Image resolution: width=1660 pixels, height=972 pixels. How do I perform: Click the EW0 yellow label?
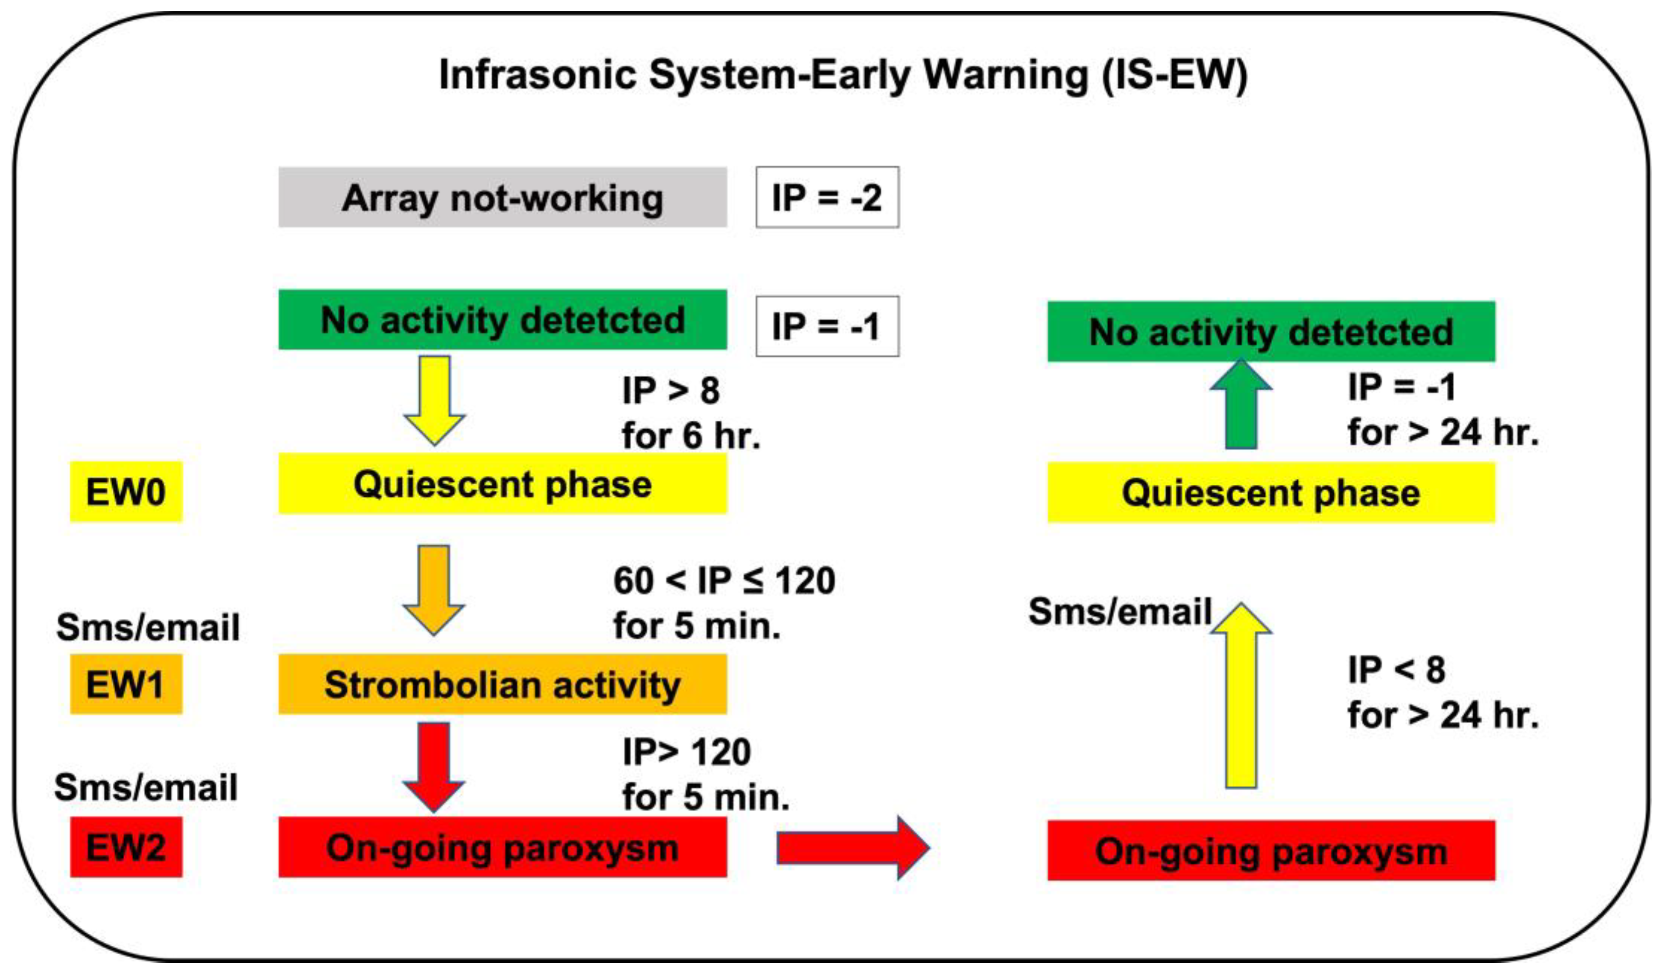pos(126,491)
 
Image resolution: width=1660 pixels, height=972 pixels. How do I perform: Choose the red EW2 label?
pos(126,847)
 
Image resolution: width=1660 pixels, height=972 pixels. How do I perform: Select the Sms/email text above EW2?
pos(146,787)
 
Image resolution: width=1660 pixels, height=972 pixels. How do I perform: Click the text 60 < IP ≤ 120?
pos(724,581)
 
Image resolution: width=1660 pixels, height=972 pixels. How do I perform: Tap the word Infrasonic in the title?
pos(537,75)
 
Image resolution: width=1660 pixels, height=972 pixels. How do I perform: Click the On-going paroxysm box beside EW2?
pos(502,847)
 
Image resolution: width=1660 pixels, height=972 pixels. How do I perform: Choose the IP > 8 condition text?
pos(671,390)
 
